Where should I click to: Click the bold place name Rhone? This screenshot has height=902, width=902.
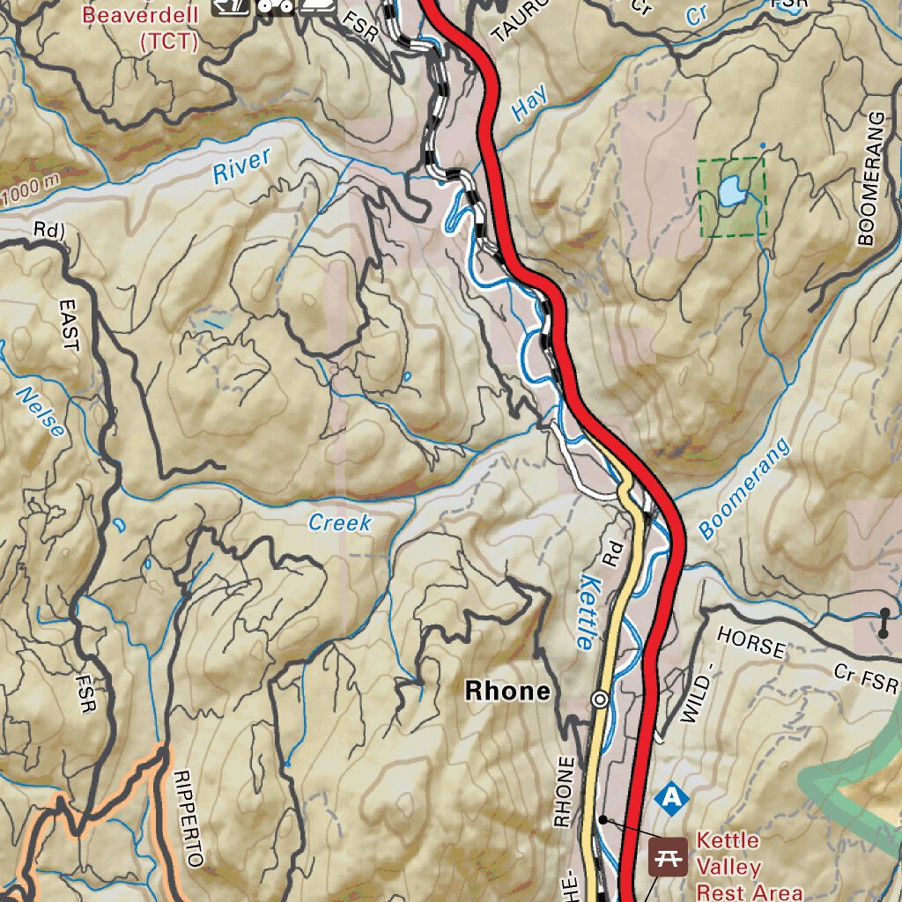click(506, 691)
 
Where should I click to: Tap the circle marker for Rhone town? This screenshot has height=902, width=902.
click(600, 700)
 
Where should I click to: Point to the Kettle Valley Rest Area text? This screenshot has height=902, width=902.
click(749, 866)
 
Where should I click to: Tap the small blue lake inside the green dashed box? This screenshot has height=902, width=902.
click(730, 189)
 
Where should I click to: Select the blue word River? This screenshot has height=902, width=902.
click(241, 166)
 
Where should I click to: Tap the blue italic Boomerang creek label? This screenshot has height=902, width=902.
click(744, 489)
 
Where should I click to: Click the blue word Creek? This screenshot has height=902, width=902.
click(340, 523)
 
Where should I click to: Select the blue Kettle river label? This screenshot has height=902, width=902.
click(590, 613)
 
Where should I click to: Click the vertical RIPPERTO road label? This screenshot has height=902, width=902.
click(189, 818)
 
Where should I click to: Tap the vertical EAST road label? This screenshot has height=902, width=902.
click(69, 325)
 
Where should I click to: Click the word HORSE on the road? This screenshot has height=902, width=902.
click(750, 643)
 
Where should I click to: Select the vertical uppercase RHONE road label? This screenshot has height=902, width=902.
click(564, 792)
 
